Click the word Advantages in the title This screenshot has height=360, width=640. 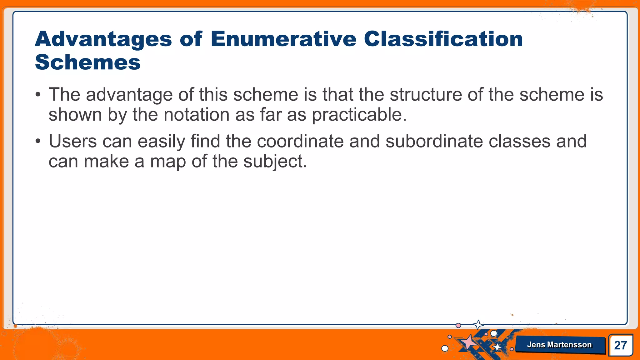[x=103, y=40]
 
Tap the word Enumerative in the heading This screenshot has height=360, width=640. [x=283, y=39]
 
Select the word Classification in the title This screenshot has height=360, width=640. [x=443, y=39]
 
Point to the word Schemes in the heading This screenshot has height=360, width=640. [x=88, y=62]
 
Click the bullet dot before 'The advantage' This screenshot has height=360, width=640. [x=38, y=95]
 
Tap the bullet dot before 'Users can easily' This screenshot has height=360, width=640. [x=38, y=141]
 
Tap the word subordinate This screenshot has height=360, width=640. [x=434, y=141]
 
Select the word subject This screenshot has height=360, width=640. [x=275, y=162]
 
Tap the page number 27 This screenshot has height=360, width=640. [x=620, y=345]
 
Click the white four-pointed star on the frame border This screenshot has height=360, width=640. [x=478, y=325]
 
